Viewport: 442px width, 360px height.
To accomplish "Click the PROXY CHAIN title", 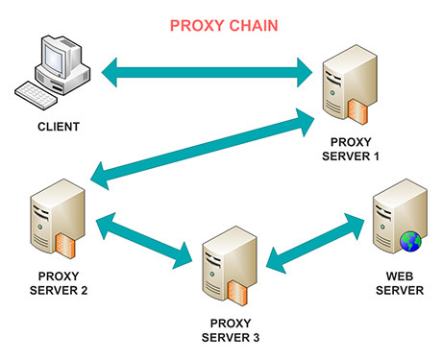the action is click(x=224, y=26).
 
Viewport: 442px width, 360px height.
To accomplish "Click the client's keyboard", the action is click(x=36, y=95).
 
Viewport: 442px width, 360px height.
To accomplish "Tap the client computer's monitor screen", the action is click(x=55, y=59).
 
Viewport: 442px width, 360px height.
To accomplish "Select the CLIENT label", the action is click(x=59, y=127).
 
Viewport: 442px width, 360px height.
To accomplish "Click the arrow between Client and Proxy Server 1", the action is click(x=207, y=72).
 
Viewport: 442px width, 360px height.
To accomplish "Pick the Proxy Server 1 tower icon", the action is click(x=350, y=84).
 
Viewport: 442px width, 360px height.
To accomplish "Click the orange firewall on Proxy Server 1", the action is click(x=357, y=112).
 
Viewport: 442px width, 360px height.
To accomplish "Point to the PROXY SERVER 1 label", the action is click(x=351, y=149).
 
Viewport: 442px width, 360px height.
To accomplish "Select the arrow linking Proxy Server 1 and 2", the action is click(x=203, y=149).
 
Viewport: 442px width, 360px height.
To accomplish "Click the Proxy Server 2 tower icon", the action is click(x=58, y=219).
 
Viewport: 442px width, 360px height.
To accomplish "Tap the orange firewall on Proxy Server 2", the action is click(x=65, y=246).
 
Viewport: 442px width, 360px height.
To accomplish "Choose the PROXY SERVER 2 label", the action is click(x=59, y=283).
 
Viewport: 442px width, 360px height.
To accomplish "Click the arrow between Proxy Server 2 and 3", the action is click(x=144, y=241).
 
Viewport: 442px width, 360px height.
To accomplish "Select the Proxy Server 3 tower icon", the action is click(x=230, y=266).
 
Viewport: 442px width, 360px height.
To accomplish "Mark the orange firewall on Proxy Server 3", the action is click(x=237, y=294).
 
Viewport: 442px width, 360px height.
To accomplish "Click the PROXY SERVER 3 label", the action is click(x=231, y=330).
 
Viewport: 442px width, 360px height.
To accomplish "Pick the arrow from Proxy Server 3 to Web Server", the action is click(x=315, y=244).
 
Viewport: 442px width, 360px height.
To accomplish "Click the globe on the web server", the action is click(x=410, y=241).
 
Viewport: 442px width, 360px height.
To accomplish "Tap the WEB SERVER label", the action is click(x=400, y=283).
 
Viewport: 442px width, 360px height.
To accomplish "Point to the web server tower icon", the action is click(x=400, y=216).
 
